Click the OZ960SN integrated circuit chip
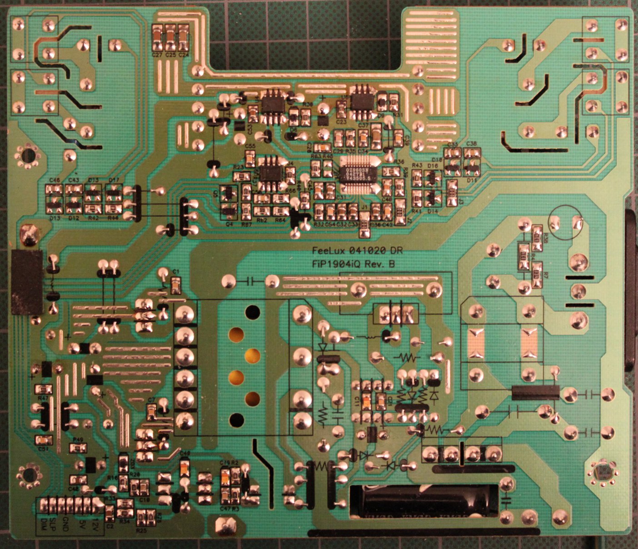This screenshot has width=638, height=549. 359,169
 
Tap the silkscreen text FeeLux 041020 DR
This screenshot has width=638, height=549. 357,250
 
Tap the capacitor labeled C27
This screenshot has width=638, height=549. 157,38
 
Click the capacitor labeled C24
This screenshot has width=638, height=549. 184,38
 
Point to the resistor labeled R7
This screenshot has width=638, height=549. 537,275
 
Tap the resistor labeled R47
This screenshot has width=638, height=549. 44,389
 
